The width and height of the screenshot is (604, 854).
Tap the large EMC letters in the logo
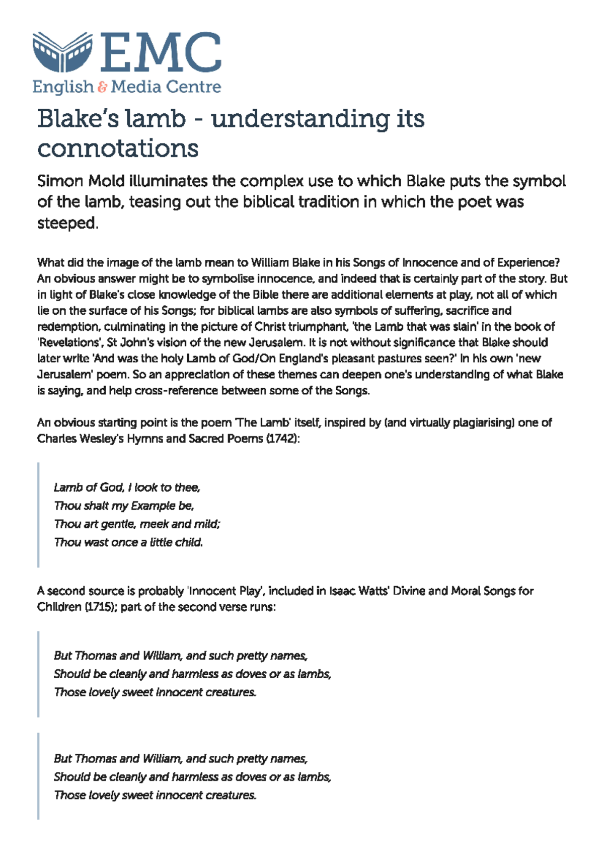click(160, 52)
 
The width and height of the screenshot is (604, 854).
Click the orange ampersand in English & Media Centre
click(102, 87)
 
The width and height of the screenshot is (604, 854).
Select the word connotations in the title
click(118, 148)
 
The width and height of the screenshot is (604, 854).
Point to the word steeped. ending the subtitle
click(67, 223)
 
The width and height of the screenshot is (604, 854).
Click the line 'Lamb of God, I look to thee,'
click(127, 487)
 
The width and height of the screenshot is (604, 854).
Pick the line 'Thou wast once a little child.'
click(128, 542)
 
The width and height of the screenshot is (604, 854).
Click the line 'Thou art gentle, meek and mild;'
click(137, 524)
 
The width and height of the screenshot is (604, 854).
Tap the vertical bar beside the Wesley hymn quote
click(38, 515)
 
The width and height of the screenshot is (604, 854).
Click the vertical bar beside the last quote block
click(38, 776)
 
